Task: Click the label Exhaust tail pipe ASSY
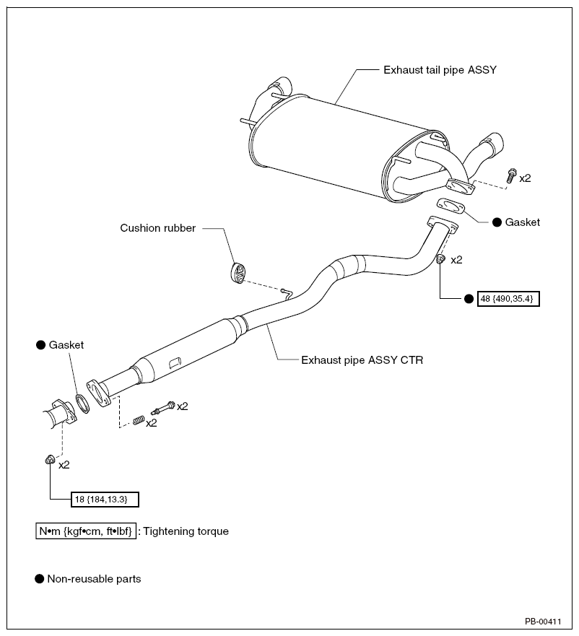pyautogui.click(x=440, y=70)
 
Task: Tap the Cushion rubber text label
pyautogui.click(x=158, y=228)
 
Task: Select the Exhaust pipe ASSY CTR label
pyautogui.click(x=362, y=360)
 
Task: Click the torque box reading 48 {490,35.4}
pyautogui.click(x=508, y=299)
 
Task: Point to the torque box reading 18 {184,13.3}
pyautogui.click(x=105, y=500)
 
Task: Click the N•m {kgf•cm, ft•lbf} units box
pyautogui.click(x=86, y=531)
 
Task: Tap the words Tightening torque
pyautogui.click(x=186, y=531)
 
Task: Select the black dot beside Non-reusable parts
pyautogui.click(x=40, y=579)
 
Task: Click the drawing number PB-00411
pyautogui.click(x=543, y=622)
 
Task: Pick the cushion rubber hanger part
pyautogui.click(x=238, y=273)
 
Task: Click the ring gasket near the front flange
pyautogui.click(x=83, y=403)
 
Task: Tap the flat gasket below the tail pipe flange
pyautogui.click(x=451, y=206)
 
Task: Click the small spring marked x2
pyautogui.click(x=139, y=420)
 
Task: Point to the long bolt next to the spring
pyautogui.click(x=163, y=408)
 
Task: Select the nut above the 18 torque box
pyautogui.click(x=50, y=460)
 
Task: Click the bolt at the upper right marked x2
pyautogui.click(x=511, y=175)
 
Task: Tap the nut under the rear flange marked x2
pyautogui.click(x=440, y=258)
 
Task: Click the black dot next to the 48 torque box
pyautogui.click(x=469, y=299)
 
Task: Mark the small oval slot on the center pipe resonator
pyautogui.click(x=175, y=362)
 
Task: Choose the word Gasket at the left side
pyautogui.click(x=66, y=345)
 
